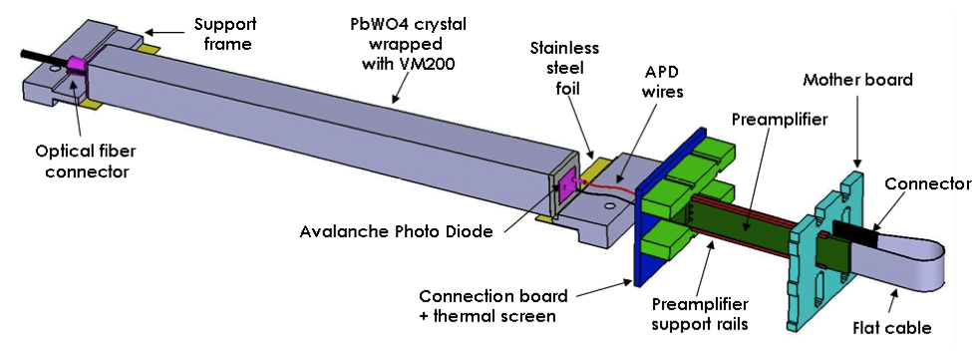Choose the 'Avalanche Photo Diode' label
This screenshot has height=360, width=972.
(x=398, y=232)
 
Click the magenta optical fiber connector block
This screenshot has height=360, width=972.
(x=79, y=69)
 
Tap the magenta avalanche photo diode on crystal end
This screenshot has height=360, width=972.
(x=568, y=186)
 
